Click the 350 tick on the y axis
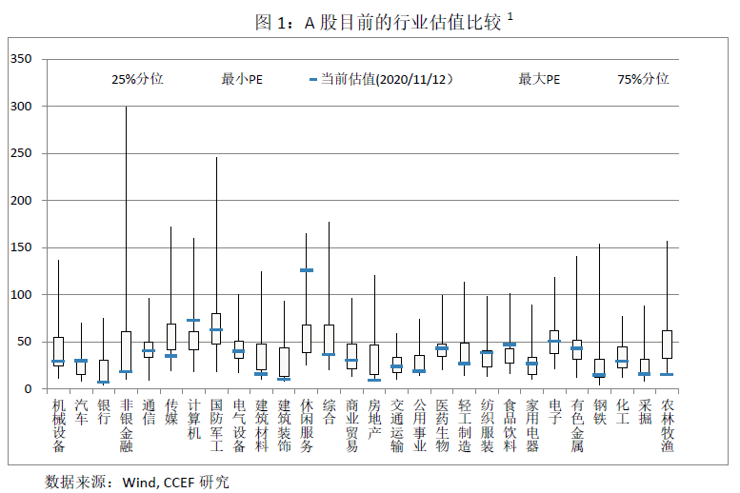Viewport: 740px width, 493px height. (x=20, y=59)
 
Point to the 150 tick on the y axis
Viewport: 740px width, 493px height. (x=20, y=247)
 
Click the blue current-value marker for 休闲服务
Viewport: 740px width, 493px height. (x=307, y=270)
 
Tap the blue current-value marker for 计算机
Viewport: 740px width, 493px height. (x=193, y=321)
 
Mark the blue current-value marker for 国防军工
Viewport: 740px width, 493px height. (x=216, y=330)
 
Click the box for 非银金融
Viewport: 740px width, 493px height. (x=126, y=352)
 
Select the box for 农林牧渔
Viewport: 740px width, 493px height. (x=667, y=345)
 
